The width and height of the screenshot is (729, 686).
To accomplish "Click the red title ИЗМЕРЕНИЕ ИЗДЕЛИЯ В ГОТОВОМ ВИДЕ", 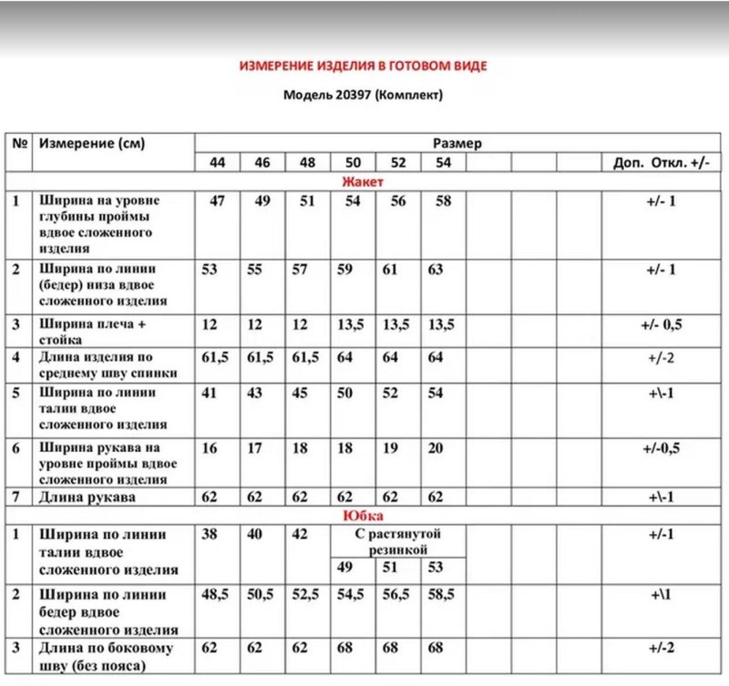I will click(363, 67).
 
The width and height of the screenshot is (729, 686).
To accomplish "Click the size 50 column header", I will click(352, 162).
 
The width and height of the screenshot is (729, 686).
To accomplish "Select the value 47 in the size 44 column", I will click(217, 201).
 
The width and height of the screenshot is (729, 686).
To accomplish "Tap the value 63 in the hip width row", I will click(435, 270).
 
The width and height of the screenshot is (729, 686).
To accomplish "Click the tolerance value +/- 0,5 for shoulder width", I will click(661, 324).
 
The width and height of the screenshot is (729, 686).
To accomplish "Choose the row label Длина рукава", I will click(86, 497).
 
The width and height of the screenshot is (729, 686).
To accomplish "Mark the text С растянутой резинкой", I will click(397, 542).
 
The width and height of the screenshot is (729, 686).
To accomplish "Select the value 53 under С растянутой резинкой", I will click(435, 568).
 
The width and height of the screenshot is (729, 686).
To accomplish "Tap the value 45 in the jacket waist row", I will click(307, 393).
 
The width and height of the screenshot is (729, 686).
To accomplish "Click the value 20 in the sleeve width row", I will click(435, 447).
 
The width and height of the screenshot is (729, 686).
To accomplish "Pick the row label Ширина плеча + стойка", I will click(92, 332).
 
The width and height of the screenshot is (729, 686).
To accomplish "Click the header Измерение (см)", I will click(92, 144).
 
